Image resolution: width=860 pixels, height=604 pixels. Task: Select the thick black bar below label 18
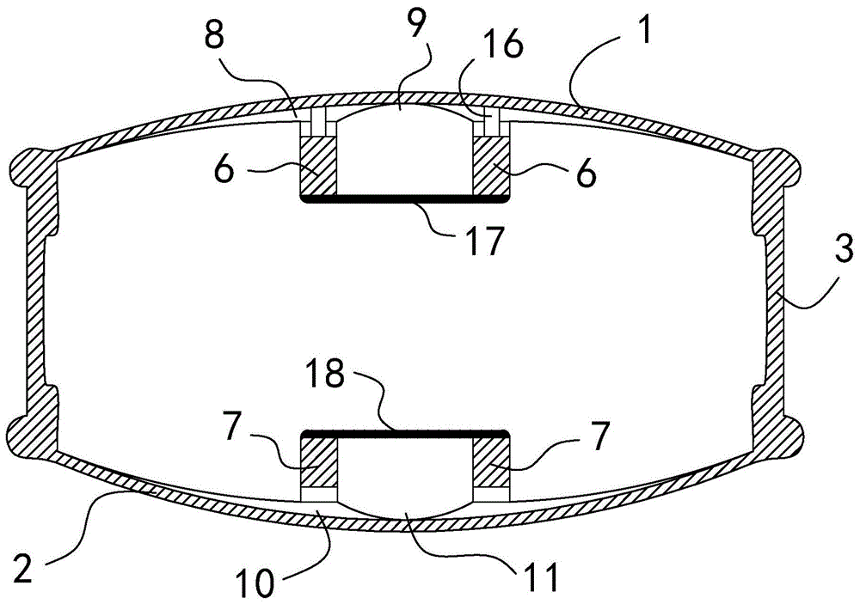click(x=404, y=431)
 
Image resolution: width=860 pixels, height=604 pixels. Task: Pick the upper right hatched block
click(x=493, y=166)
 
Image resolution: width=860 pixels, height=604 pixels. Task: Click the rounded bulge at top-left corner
click(x=33, y=163)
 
